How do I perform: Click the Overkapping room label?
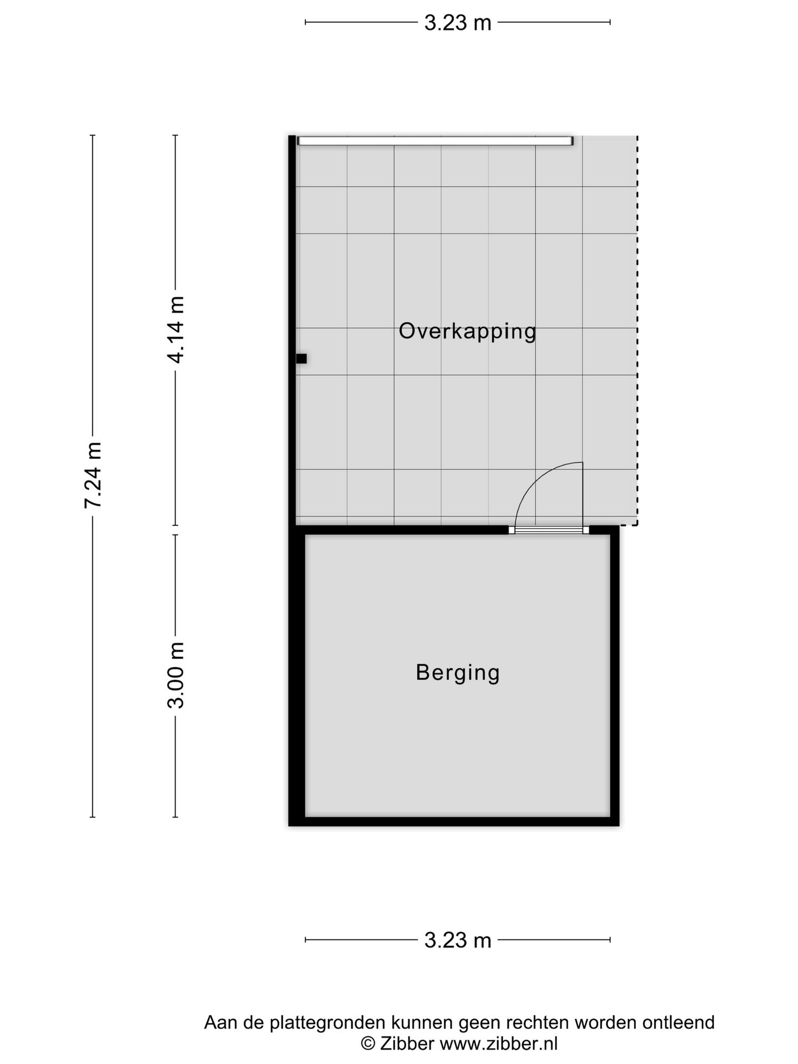467,331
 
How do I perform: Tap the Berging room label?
458,673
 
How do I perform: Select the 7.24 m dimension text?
93,475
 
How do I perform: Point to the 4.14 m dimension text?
176,330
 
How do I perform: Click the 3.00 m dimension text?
176,676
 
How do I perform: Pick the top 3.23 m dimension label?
458,23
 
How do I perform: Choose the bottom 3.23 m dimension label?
458,940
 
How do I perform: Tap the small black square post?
301,359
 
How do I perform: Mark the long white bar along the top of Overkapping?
435,141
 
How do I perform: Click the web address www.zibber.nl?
498,1044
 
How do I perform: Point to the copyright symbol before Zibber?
367,1044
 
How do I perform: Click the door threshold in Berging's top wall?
549,530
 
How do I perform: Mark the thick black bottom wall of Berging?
453,821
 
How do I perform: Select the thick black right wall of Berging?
615,676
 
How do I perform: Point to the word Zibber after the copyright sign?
407,1044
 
